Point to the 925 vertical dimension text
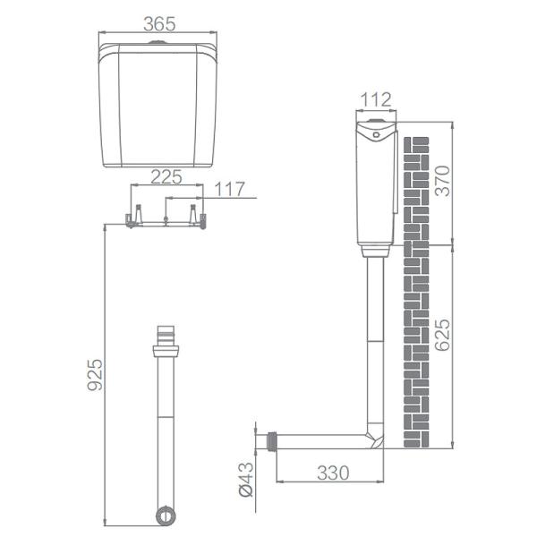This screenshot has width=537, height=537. pyautogui.click(x=96, y=373)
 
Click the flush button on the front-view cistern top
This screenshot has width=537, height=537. pyautogui.click(x=158, y=42)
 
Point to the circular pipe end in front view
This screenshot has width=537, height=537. pyautogui.click(x=166, y=516)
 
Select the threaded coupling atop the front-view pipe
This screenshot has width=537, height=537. pyautogui.click(x=166, y=337)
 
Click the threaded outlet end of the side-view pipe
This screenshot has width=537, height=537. pyautogui.click(x=272, y=440)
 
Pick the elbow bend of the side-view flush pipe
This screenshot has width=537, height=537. pyautogui.click(x=374, y=439)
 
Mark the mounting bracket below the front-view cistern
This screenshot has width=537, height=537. pyautogui.click(x=166, y=218)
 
